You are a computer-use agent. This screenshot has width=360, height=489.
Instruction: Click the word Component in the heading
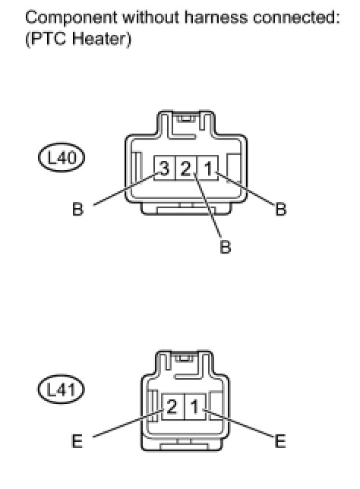click(x=71, y=18)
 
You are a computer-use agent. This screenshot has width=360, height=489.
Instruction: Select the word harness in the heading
click(x=216, y=17)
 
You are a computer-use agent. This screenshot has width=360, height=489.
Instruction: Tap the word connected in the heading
click(x=296, y=17)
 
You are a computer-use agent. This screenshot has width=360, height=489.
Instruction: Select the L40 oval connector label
click(x=62, y=157)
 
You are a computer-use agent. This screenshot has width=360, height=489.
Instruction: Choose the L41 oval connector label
click(x=62, y=390)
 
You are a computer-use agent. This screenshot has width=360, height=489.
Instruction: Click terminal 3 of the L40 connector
click(x=165, y=168)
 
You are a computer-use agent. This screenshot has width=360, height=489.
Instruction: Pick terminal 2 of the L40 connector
click(x=187, y=168)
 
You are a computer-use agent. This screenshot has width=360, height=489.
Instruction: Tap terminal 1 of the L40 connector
click(x=208, y=168)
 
